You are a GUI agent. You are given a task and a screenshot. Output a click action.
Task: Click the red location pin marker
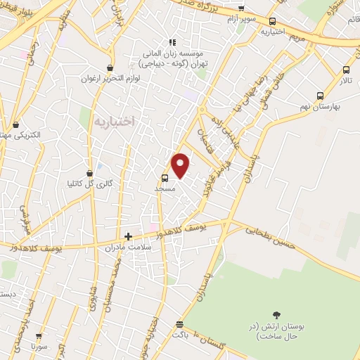(x=181, y=165)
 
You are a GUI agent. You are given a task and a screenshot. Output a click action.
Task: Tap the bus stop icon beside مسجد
(x=165, y=178)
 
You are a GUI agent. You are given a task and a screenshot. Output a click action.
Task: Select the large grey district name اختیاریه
(x=112, y=121)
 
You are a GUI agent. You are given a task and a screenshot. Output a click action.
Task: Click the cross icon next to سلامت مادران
(x=128, y=237)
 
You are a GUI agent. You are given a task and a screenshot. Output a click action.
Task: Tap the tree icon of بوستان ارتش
(x=276, y=316)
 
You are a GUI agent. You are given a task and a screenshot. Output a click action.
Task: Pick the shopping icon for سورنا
(x=39, y=336)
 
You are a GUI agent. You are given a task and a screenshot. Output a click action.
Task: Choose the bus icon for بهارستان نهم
(x=321, y=96)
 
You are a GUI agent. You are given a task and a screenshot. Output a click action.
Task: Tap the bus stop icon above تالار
(x=345, y=70)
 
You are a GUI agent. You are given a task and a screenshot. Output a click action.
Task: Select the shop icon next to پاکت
(x=179, y=325)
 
